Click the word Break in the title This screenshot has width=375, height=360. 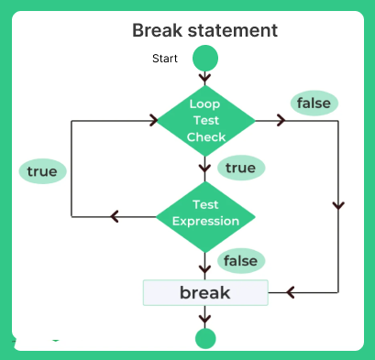click(x=160, y=30)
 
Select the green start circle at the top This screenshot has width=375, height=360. click(x=205, y=59)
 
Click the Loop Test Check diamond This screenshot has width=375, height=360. click(x=205, y=120)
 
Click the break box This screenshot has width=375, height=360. click(x=205, y=293)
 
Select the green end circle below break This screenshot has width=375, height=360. click(x=205, y=338)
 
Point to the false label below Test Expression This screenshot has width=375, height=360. click(x=240, y=260)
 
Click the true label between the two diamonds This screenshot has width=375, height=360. click(x=240, y=168)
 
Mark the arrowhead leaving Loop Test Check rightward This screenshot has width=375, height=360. click(x=281, y=120)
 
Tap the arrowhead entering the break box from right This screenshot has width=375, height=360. click(x=290, y=292)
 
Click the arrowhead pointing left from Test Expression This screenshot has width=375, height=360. click(x=115, y=217)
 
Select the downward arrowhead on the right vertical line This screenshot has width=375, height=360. click(x=340, y=204)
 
